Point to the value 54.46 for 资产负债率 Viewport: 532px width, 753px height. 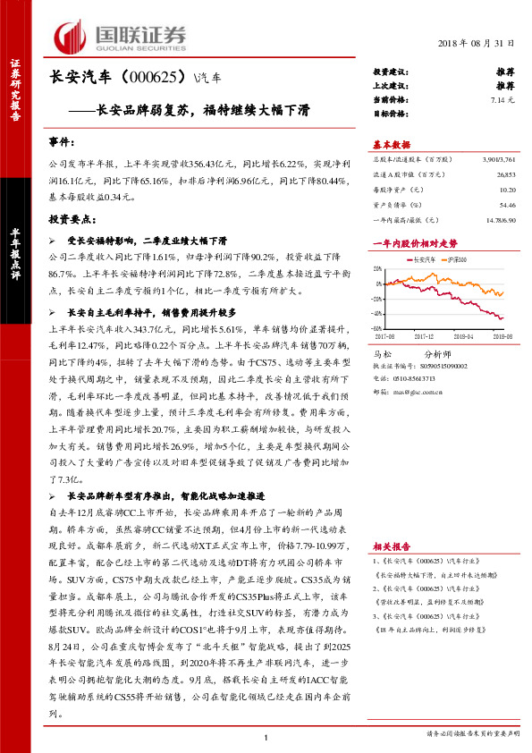[x=507, y=205]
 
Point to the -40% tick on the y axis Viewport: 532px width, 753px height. [x=378, y=314]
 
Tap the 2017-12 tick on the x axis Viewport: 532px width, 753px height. [x=423, y=337]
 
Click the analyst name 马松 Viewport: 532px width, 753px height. [x=382, y=354]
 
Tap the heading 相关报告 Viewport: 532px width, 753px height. [x=391, y=546]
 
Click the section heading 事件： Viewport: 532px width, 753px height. [x=63, y=143]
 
